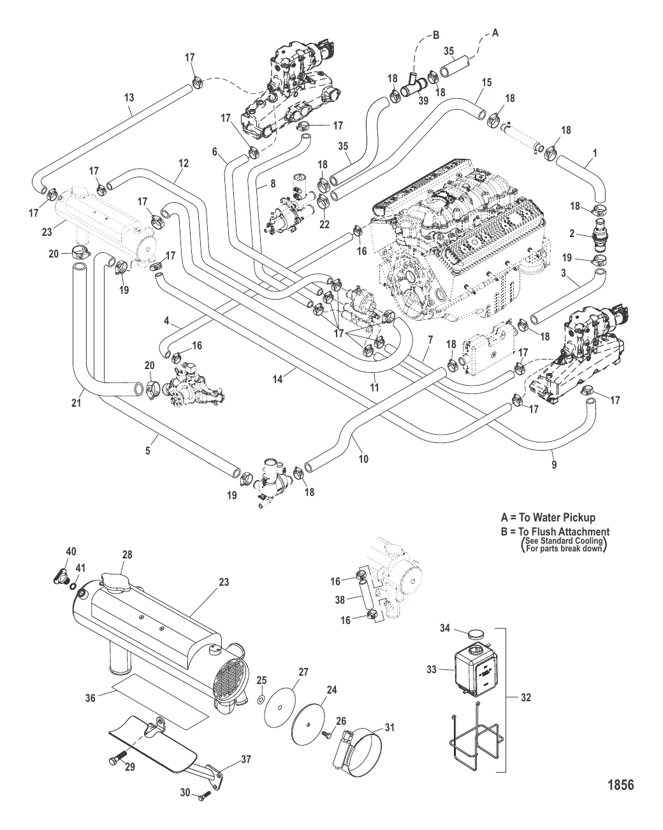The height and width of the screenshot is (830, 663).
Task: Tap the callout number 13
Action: (129, 98)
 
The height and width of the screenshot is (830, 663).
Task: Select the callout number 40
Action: (71, 551)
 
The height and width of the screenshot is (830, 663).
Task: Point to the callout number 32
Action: (525, 698)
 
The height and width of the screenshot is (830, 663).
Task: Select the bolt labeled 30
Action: (205, 796)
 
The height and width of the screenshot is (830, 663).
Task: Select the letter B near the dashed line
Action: (437, 36)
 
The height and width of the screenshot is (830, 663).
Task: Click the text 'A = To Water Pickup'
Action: (548, 518)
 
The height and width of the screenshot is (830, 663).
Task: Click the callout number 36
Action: (91, 698)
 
